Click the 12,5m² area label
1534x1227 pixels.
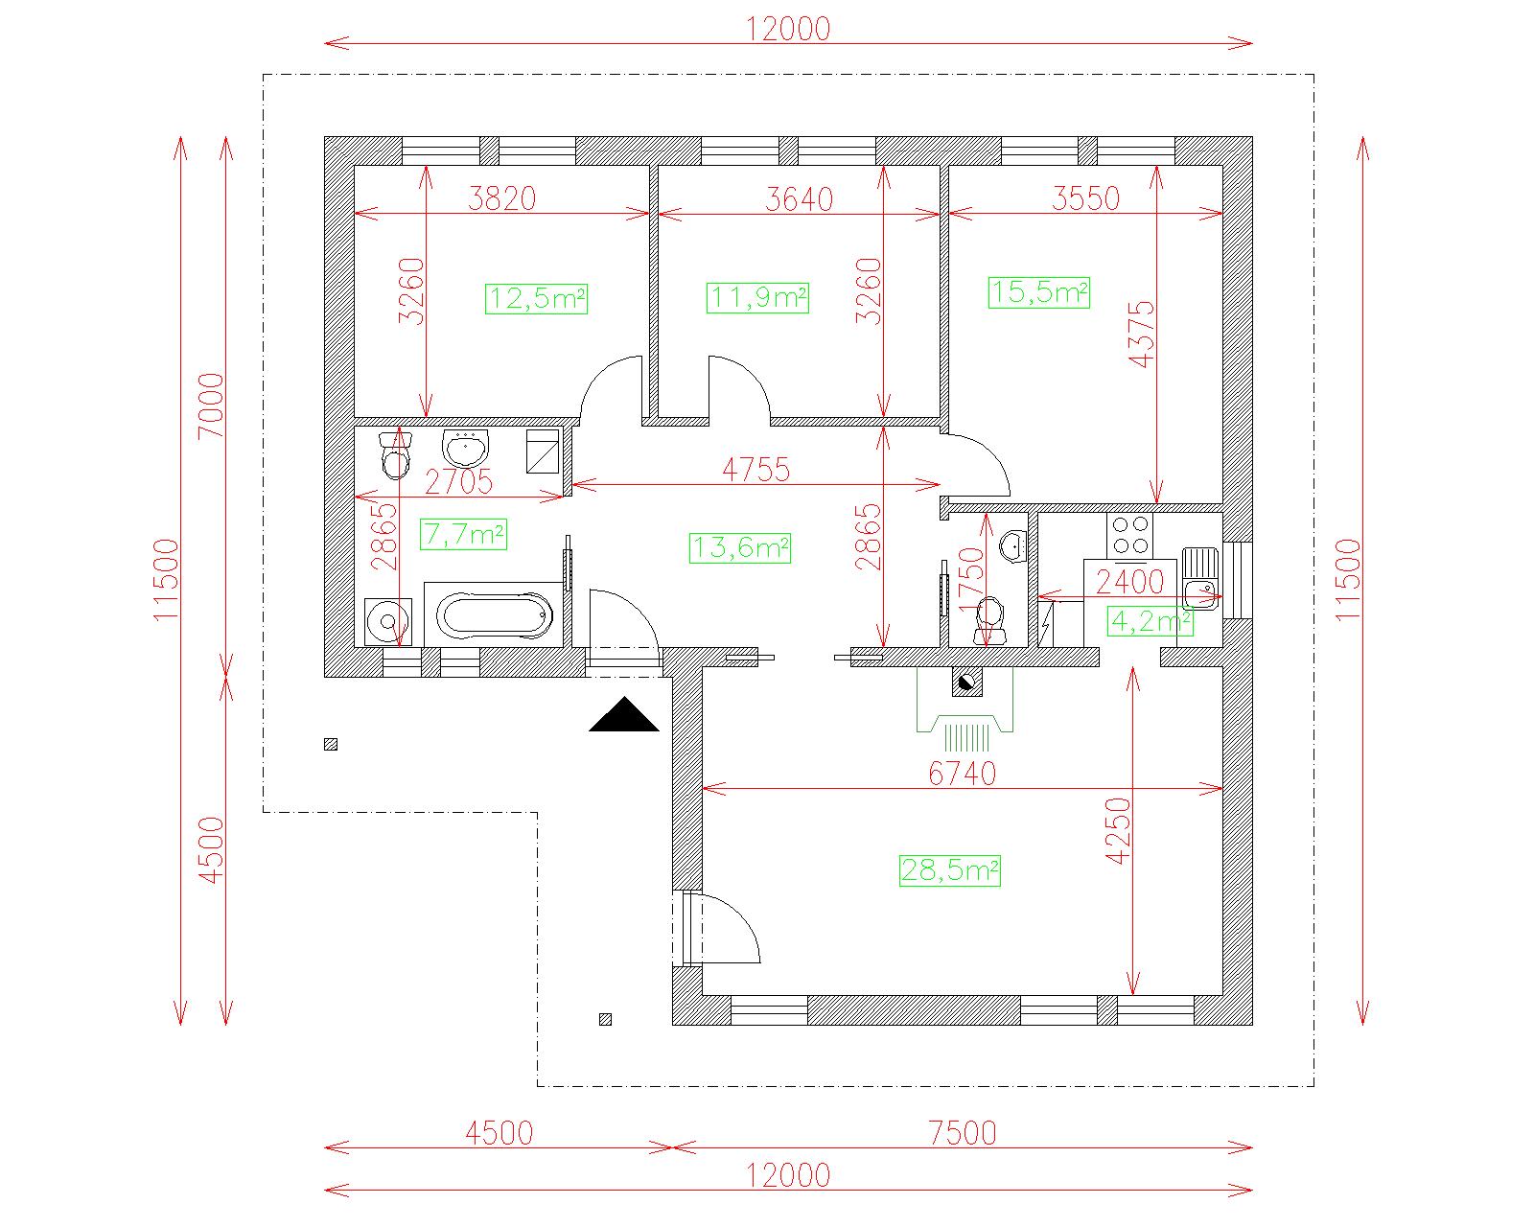pos(536,298)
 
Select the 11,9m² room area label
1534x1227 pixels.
pos(757,297)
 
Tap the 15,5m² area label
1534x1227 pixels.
pos(1038,292)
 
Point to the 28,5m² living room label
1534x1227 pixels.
pos(949,870)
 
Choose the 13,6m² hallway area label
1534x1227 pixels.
pos(740,547)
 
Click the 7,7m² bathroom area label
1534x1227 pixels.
pos(463,534)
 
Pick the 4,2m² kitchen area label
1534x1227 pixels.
pos(1150,621)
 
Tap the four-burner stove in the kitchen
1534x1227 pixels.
pos(1129,536)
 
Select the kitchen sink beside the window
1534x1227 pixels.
pos(1200,578)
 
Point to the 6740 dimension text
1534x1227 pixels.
pos(962,774)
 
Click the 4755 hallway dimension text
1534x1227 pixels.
pos(755,470)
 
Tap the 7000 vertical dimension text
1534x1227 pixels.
pos(212,405)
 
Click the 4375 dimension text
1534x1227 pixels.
pos(1141,335)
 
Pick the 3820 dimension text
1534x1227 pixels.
pos(501,199)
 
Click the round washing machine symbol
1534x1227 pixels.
pos(387,622)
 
